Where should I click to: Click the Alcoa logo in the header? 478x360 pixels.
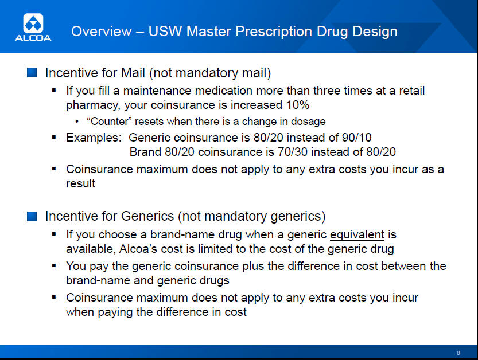tap(33, 27)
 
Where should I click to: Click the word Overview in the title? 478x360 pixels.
tap(101, 32)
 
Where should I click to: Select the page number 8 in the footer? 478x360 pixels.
tap(458, 353)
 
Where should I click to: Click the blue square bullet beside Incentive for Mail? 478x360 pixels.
tap(32, 73)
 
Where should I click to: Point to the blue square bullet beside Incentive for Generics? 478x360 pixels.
tap(32, 216)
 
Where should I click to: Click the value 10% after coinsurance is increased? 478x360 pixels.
tap(298, 105)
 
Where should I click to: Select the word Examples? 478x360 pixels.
tap(94, 138)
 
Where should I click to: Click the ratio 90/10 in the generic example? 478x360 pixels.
tap(357, 138)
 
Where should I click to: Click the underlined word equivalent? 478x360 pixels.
tap(357, 235)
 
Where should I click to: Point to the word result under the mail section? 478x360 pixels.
tap(80, 183)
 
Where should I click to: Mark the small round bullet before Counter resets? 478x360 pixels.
tap(77, 122)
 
